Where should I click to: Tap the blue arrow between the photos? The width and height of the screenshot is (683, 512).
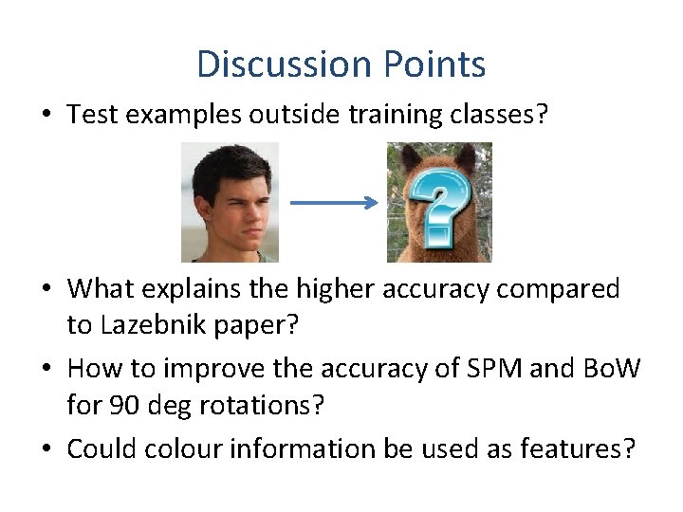click(x=333, y=202)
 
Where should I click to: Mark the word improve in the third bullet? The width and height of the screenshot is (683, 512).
click(x=193, y=368)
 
